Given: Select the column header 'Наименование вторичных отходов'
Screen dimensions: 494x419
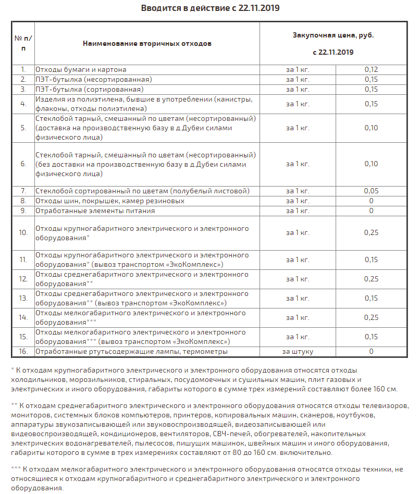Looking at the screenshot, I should [x=147, y=43].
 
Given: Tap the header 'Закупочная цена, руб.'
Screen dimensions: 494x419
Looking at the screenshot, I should [x=333, y=35].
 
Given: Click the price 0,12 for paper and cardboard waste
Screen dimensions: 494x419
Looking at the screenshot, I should [x=371, y=69].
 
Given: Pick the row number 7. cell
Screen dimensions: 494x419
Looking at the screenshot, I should [x=23, y=191].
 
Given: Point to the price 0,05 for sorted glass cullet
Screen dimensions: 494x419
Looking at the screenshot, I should [x=371, y=191].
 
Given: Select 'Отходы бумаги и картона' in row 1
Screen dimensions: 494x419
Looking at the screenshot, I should [x=81, y=69].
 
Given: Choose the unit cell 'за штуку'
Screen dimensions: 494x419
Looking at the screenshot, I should [x=298, y=352].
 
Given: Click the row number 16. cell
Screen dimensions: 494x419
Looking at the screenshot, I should [x=23, y=352].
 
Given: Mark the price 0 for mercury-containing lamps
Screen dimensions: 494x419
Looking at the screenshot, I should [x=371, y=352].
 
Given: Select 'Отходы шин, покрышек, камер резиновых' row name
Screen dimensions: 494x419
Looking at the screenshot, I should [x=109, y=201].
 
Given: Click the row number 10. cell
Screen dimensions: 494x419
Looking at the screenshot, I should [x=23, y=232].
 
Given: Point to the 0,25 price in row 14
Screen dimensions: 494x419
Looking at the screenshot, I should [x=371, y=317].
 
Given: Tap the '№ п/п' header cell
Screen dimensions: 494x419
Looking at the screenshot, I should [x=23, y=43].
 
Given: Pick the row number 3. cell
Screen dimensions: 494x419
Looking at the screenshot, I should [x=23, y=89].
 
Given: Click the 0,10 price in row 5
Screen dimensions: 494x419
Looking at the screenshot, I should [x=371, y=128].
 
